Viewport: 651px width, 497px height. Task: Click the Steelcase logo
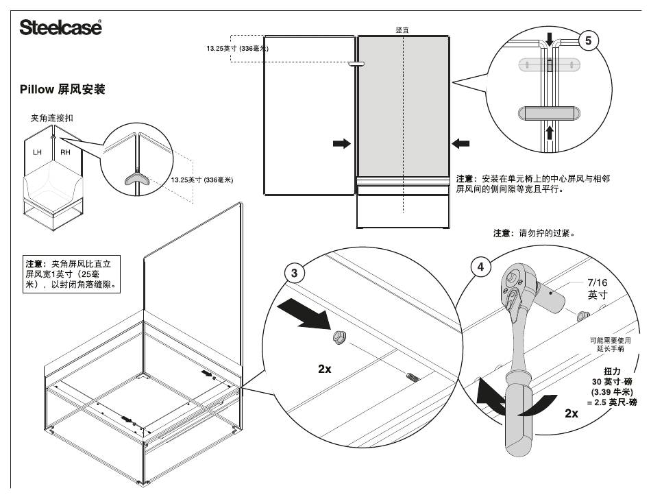coord(60,27)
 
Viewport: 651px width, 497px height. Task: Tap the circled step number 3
coord(294,274)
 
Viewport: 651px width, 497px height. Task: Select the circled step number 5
coord(588,40)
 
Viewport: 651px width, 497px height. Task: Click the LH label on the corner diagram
coord(38,151)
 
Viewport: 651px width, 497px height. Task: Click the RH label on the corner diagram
coord(66,151)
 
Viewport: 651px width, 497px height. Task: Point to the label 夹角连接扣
coord(52,118)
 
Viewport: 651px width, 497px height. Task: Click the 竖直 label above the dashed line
coord(404,31)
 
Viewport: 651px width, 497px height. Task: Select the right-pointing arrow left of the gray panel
coord(341,143)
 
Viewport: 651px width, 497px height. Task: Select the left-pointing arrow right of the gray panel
coord(461,143)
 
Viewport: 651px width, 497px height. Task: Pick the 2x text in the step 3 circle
coord(325,369)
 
